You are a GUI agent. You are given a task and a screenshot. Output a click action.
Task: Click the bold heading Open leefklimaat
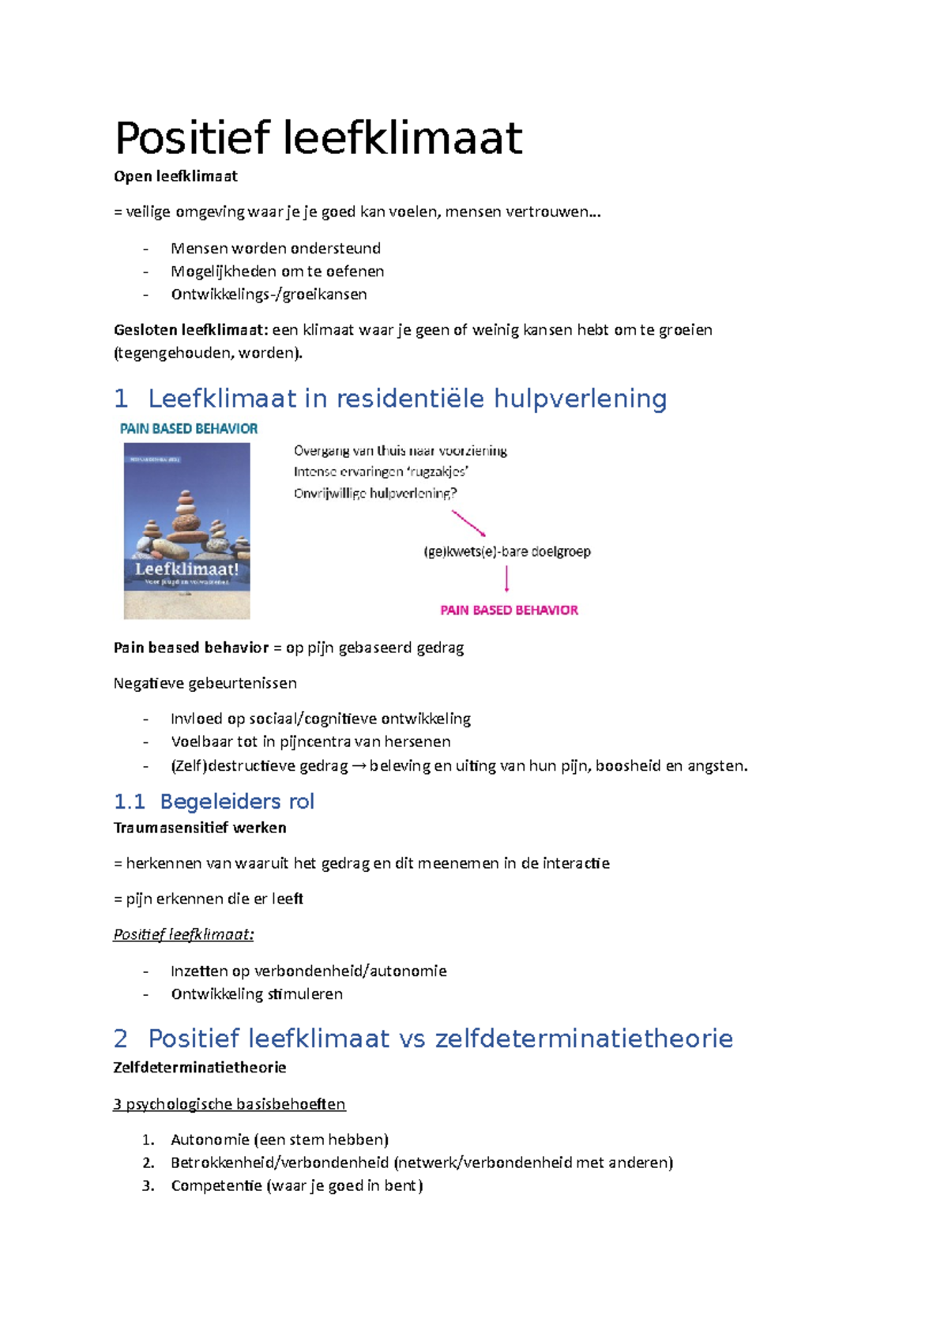(x=175, y=176)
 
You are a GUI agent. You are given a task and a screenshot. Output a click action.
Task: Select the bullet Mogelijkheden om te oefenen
(x=277, y=271)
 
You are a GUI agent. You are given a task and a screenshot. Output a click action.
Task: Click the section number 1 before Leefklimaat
(x=121, y=399)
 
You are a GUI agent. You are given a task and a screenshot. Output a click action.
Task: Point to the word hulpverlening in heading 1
(x=580, y=399)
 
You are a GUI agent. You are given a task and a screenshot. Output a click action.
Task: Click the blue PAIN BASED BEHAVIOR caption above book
(x=189, y=429)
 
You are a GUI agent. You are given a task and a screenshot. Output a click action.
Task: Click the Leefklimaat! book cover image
(x=186, y=530)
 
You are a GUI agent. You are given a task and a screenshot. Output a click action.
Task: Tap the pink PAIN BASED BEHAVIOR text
(x=509, y=610)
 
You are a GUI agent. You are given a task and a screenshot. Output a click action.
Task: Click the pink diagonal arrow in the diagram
(x=468, y=523)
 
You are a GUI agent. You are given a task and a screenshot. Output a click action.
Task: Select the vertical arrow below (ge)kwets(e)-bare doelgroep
(x=506, y=580)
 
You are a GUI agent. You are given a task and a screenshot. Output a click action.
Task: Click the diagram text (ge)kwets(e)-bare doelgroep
(x=507, y=551)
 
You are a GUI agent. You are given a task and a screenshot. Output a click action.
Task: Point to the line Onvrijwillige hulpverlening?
(x=375, y=494)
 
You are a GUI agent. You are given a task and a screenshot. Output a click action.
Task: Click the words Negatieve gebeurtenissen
(x=205, y=683)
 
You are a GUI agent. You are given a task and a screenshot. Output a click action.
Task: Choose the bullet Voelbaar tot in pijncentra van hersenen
(x=310, y=742)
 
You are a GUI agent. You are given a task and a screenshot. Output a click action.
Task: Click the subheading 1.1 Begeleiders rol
(x=214, y=802)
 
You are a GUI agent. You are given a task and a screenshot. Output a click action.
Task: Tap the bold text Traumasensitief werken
(x=200, y=828)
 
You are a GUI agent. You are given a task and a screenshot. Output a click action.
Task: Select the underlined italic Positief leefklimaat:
(x=183, y=934)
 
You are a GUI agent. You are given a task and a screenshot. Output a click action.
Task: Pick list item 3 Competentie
(x=296, y=1185)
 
